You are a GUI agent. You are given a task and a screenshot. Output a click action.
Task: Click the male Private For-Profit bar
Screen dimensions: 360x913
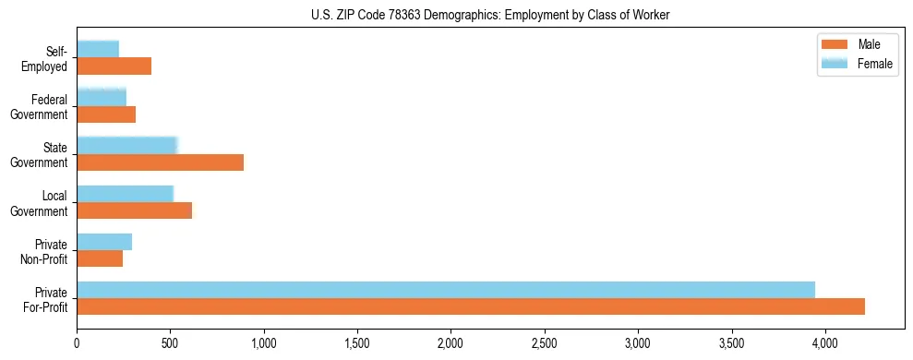click(x=471, y=306)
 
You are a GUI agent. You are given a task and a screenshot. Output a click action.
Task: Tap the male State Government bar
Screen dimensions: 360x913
click(x=160, y=162)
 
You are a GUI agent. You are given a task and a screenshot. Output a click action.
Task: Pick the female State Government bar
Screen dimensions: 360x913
click(x=126, y=146)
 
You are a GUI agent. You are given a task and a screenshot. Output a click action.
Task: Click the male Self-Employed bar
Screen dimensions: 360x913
click(x=114, y=66)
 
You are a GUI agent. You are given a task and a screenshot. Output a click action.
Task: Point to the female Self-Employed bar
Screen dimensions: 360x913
click(x=98, y=50)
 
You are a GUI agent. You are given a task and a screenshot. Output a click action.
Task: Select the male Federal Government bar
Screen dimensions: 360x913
click(x=106, y=114)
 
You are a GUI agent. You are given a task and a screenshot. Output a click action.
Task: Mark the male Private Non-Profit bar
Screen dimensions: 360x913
click(x=100, y=258)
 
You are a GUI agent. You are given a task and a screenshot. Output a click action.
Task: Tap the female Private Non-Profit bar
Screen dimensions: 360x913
click(x=104, y=242)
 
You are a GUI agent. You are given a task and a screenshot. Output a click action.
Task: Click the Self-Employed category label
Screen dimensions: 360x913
click(x=44, y=59)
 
